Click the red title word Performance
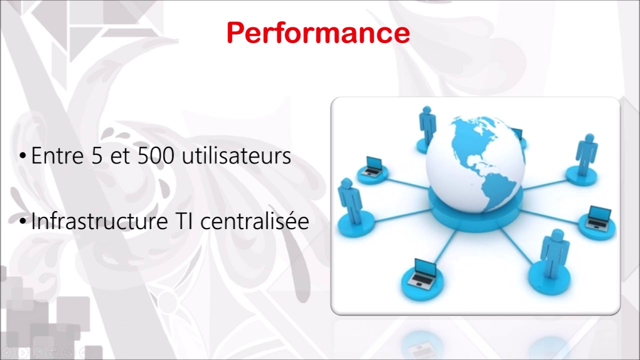pos(318,33)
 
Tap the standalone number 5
pos(95,156)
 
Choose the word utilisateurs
pos(236,156)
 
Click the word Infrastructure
pos(98,221)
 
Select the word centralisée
pos(254,221)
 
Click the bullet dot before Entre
pos(22,156)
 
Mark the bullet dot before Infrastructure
pos(22,221)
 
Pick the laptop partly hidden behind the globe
pos(517,134)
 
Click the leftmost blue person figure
pos(350,200)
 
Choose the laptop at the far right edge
pos(598,217)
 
